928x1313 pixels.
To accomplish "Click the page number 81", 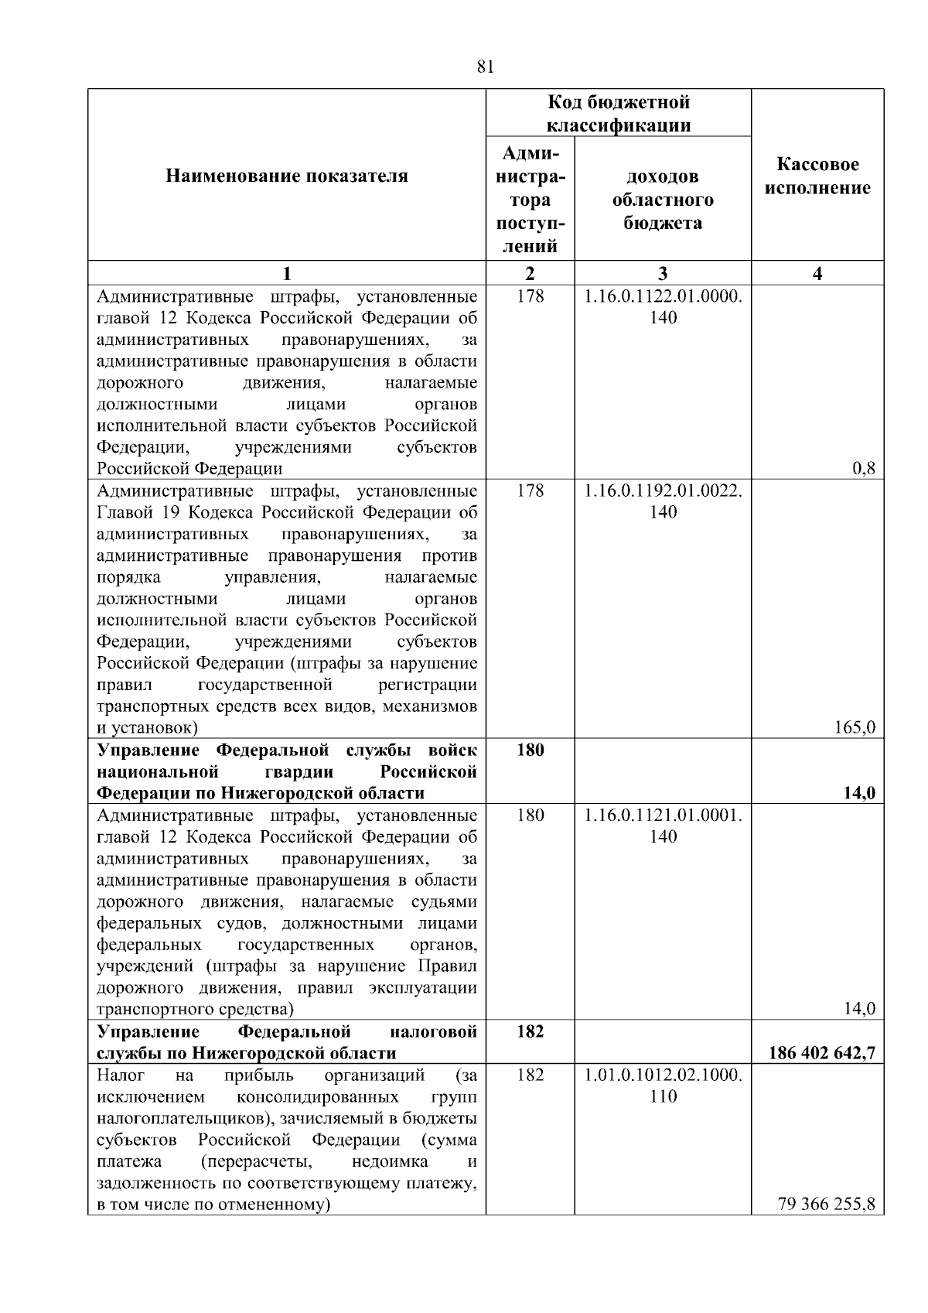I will click(x=486, y=67).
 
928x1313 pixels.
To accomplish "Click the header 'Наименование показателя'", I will click(x=286, y=176).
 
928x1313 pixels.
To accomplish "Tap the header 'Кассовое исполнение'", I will click(x=817, y=176).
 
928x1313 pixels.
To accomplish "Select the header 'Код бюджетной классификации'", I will click(x=618, y=114).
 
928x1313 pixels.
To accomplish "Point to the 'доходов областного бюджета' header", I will click(x=663, y=200).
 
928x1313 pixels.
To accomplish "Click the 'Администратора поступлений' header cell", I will click(x=530, y=200).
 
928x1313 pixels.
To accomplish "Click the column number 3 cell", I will click(x=663, y=273).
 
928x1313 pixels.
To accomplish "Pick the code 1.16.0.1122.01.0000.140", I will click(x=663, y=306).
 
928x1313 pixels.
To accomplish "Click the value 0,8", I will click(x=863, y=468).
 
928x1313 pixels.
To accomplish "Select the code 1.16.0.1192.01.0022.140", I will click(x=663, y=501).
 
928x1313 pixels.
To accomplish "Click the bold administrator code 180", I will click(x=530, y=750).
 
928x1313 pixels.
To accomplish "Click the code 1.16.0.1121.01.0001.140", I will click(x=663, y=826).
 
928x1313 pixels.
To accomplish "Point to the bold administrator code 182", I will click(x=530, y=1031).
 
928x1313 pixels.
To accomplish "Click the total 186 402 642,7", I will click(x=822, y=1053).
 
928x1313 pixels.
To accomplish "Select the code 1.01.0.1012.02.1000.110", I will click(x=663, y=1086).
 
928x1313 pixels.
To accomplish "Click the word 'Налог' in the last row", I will click(x=117, y=1075).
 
